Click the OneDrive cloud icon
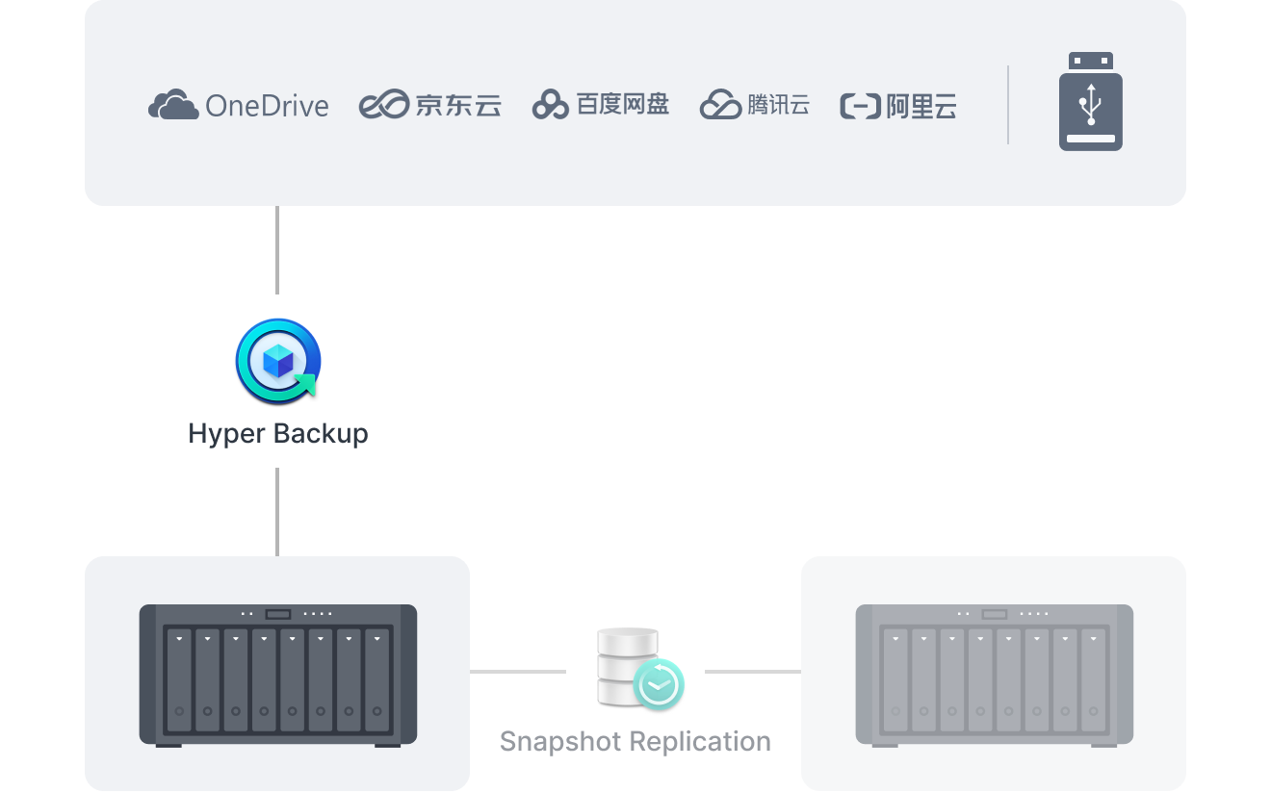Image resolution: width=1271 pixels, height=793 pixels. [x=173, y=104]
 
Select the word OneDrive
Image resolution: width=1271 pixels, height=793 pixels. [x=267, y=105]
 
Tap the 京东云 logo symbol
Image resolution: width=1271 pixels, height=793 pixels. [x=384, y=105]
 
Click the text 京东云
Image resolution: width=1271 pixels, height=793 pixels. [x=458, y=105]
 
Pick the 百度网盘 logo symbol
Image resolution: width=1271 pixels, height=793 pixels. [x=551, y=105]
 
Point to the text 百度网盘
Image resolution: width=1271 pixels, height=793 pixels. [x=623, y=104]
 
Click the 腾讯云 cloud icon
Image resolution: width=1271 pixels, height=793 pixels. [x=720, y=104]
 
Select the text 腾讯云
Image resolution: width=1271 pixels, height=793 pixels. [x=779, y=104]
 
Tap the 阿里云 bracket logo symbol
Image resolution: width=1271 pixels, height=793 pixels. [x=860, y=106]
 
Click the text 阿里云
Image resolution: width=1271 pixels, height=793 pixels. [x=921, y=106]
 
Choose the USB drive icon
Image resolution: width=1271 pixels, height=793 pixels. [x=1091, y=102]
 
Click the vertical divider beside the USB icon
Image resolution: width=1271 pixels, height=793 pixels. [x=1008, y=105]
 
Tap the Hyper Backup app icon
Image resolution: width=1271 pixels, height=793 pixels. [x=277, y=361]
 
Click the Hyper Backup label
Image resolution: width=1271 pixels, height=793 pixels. [x=278, y=433]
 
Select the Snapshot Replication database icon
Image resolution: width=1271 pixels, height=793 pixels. [x=628, y=665]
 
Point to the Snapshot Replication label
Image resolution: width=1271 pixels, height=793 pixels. [x=635, y=741]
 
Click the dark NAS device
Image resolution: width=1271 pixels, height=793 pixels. [x=278, y=674]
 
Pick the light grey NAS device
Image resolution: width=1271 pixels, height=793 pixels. [x=994, y=674]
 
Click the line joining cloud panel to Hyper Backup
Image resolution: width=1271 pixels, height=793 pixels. [x=277, y=250]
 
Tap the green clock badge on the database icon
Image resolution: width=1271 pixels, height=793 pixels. [x=660, y=685]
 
